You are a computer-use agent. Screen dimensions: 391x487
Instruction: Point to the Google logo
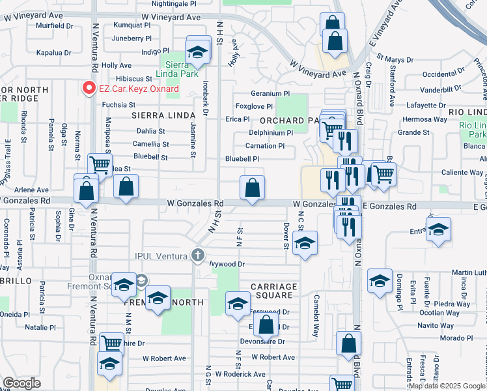21,383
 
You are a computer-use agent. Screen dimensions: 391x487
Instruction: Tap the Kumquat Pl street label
131,25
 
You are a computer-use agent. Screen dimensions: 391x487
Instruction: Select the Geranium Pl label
270,94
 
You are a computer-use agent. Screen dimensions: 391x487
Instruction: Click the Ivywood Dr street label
227,264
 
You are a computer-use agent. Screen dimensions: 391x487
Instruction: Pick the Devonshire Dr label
263,341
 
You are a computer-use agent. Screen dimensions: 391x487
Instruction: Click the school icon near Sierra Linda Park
196,52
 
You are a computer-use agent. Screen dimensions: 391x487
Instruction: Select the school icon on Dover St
304,244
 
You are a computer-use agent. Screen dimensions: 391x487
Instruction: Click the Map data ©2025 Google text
447,385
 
